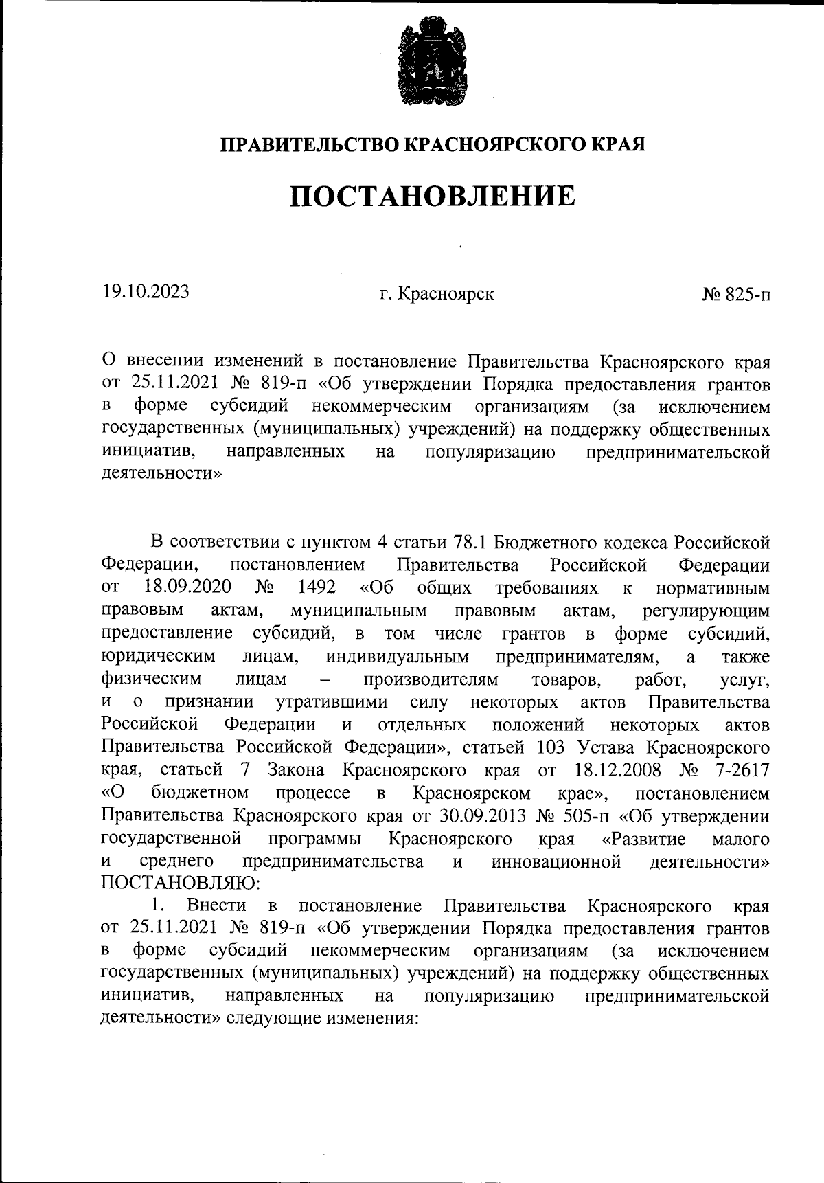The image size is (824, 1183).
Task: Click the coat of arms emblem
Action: point(432,63)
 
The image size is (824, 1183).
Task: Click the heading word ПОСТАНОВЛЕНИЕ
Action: point(432,196)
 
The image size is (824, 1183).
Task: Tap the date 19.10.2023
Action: point(146,292)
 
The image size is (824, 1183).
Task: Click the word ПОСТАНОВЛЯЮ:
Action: point(179,881)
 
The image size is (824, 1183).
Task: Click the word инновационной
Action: point(556,861)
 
